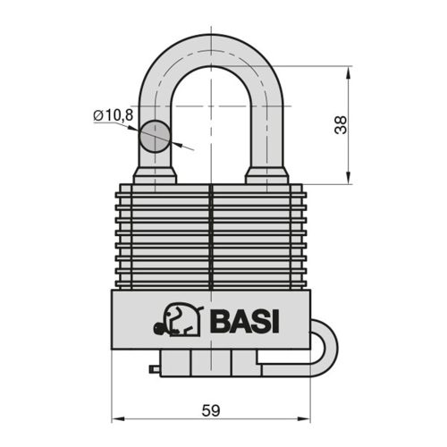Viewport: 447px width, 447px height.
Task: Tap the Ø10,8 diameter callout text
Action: pos(113,114)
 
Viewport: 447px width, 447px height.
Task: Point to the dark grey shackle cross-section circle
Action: pos(155,137)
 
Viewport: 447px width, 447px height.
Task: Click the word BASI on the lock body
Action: pos(244,320)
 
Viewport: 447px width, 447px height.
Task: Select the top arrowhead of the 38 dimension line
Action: pos(348,70)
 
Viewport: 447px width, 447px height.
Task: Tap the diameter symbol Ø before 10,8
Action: pos(97,114)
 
